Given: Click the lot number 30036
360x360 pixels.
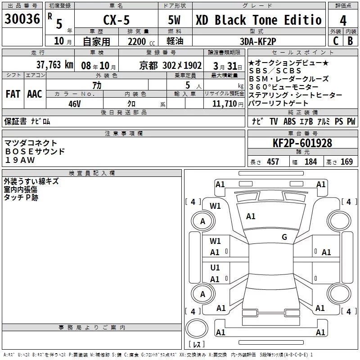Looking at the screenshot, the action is point(22,19).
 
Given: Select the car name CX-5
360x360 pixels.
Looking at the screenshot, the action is point(117,20).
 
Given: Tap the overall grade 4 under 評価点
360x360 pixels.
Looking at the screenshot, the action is point(343,21).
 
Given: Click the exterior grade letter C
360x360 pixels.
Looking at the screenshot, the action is point(336,41).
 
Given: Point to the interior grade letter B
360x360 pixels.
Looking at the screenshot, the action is point(350,41).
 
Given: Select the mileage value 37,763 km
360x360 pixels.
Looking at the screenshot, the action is point(54,65).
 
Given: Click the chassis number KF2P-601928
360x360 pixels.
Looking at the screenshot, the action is point(302,143).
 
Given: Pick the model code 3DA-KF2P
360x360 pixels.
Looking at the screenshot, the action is point(258,41).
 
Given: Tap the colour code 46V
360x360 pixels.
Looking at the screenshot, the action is point(75,104).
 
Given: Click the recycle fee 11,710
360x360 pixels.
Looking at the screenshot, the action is point(224,104).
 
